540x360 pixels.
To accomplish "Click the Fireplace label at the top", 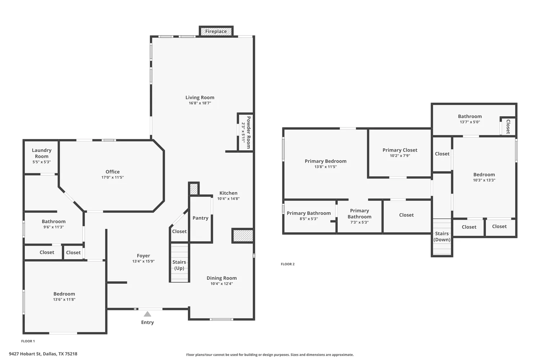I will tap(216, 31).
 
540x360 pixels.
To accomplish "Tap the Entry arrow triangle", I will tap(147, 314).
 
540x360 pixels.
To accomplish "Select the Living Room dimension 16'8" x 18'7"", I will tap(200, 103).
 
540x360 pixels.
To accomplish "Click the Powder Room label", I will tap(248, 132).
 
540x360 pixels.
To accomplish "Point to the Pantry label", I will tap(201, 218).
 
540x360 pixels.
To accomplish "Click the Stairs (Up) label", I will tap(179, 265).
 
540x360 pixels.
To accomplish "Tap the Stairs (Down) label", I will tap(442, 237).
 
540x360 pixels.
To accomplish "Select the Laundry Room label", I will tap(41, 153).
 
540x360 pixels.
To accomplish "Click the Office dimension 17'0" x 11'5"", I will tap(112, 177).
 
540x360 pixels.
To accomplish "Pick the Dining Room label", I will tap(222, 278).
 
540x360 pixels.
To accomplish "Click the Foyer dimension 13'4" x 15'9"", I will tap(143, 261).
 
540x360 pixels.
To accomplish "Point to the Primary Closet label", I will tap(400, 150).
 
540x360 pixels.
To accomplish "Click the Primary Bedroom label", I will tap(325, 161).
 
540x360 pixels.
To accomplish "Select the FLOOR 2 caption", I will tap(288, 264).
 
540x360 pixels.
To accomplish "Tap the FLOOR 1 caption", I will tap(28, 341).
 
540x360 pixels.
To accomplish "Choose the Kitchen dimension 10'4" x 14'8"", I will tap(228, 199).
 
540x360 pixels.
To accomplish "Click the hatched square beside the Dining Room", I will tap(243, 236).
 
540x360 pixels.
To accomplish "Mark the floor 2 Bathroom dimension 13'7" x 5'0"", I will tap(470, 122).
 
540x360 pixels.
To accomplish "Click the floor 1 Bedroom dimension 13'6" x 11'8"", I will tap(64, 300).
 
